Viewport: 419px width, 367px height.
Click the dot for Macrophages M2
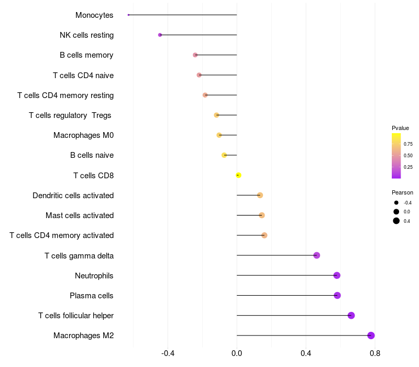coord(371,336)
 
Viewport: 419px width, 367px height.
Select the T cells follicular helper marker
coord(351,316)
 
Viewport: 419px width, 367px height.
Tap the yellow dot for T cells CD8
coord(238,175)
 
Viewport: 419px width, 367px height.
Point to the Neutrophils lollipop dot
coord(337,275)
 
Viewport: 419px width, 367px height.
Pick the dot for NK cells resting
coord(160,35)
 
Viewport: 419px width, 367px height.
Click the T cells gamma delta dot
coord(316,255)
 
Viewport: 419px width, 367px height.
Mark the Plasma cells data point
coord(337,295)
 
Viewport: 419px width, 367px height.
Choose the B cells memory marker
coord(195,55)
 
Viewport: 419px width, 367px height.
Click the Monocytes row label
coord(94,15)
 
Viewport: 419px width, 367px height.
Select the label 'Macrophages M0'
coord(83,135)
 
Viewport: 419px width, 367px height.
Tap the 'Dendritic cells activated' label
coord(73,196)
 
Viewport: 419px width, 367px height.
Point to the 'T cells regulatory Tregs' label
coord(71,115)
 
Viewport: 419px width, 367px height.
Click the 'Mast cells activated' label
coord(80,215)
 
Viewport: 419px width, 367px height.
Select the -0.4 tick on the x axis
coord(168,353)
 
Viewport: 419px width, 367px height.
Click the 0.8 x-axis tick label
coord(375,353)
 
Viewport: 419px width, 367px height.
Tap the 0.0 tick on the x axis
coord(237,353)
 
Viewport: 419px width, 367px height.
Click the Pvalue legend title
coord(400,128)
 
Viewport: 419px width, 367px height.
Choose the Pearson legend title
coord(402,192)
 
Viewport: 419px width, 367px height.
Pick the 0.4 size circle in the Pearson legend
coord(396,221)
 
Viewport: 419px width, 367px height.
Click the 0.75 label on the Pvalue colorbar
coord(407,144)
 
